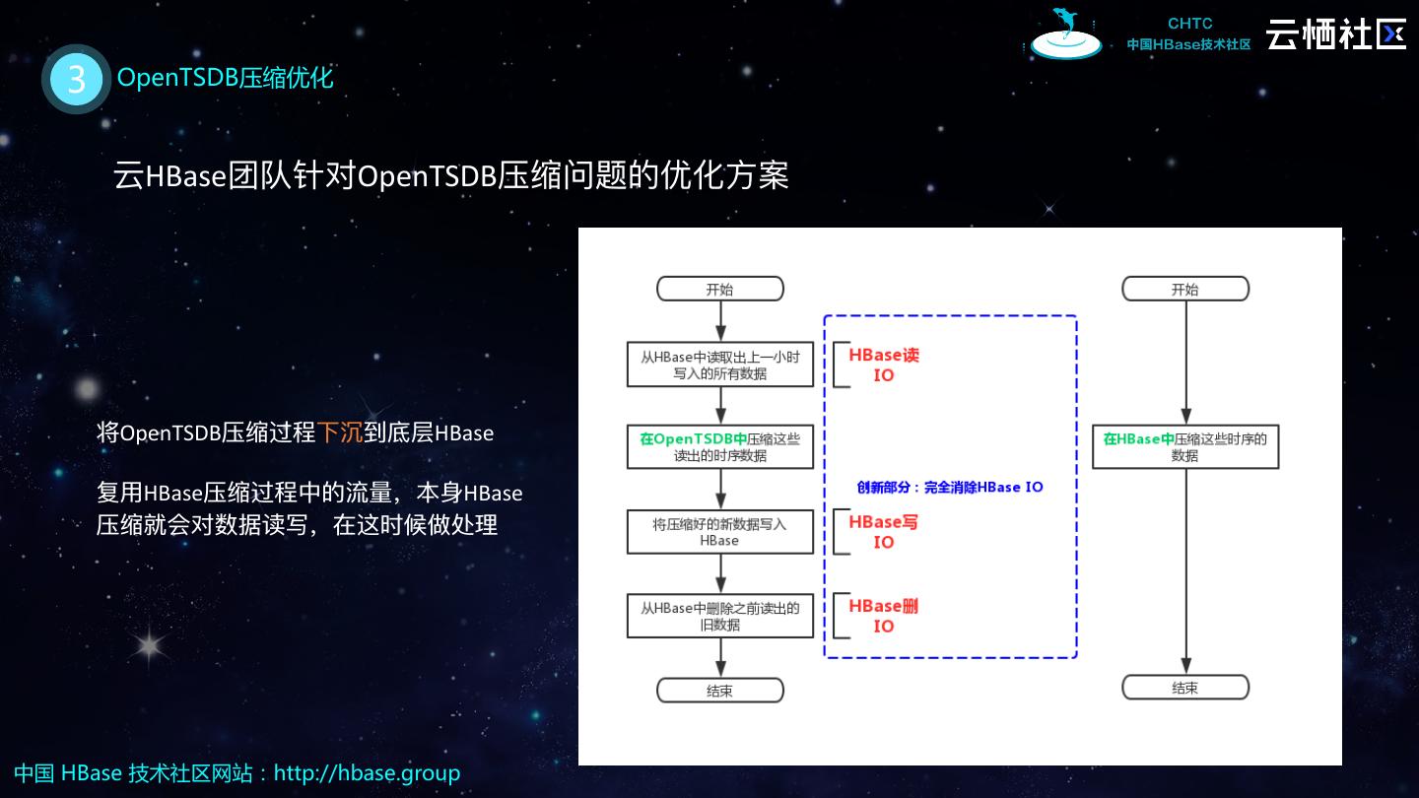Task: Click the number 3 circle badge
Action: click(76, 79)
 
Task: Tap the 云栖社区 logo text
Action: click(1335, 33)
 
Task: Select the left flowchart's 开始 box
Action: click(720, 289)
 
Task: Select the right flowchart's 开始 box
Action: click(1185, 289)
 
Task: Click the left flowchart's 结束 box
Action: click(720, 690)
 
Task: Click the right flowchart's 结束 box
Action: click(1185, 687)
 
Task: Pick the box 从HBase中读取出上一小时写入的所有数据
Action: click(720, 365)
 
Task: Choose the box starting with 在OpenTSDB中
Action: click(720, 447)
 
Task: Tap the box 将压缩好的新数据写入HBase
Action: click(720, 532)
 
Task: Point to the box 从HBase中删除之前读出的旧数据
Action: click(720, 616)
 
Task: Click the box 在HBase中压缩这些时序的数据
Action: click(1185, 447)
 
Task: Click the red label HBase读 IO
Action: click(884, 365)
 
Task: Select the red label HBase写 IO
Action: click(884, 532)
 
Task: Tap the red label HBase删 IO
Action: click(884, 616)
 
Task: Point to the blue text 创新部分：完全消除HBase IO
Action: click(950, 487)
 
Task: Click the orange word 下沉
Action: click(340, 432)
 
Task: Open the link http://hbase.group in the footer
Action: click(367, 773)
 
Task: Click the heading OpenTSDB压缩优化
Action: click(226, 78)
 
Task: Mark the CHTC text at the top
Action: click(1189, 24)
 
